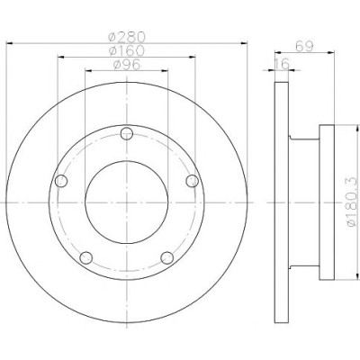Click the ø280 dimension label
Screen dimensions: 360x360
coord(127,37)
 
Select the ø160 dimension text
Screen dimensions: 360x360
coord(127,50)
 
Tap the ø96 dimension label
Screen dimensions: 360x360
coord(127,64)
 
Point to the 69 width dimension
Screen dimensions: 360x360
coord(304,46)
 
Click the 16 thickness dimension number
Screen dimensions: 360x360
coord(282,64)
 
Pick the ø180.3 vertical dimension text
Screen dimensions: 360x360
coord(353,202)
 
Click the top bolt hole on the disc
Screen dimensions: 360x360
coord(127,134)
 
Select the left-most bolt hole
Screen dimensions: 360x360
coord(61,181)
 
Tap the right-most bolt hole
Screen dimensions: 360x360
coord(192,181)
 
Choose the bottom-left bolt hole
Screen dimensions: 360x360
coord(86,258)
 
